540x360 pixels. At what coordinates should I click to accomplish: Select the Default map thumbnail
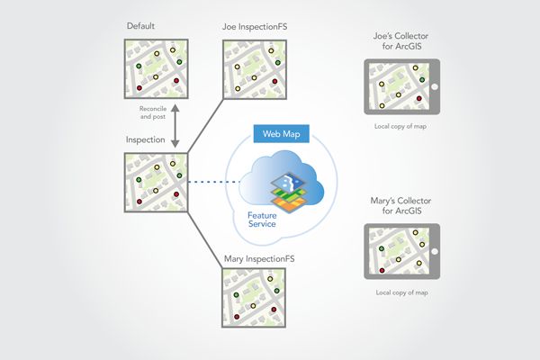pos(156,68)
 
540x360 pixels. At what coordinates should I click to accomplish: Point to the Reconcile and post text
pos(148,113)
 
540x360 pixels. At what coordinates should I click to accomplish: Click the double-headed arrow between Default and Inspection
pos(176,123)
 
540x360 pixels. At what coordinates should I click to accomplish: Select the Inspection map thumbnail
pos(156,183)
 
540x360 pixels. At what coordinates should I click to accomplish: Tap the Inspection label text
pos(144,142)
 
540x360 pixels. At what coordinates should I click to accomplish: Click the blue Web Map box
pos(281,134)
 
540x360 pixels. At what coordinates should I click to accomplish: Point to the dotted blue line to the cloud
pos(215,184)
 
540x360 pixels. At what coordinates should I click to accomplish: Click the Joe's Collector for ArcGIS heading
pos(401,42)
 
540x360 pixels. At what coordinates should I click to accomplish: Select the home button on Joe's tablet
pos(434,87)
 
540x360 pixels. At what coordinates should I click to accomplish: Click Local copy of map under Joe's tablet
pos(402,127)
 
